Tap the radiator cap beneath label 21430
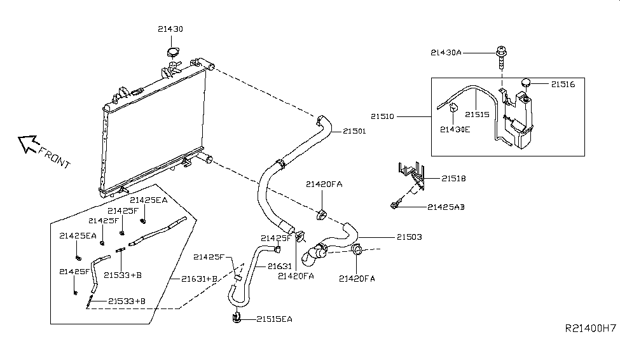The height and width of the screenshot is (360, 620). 173,52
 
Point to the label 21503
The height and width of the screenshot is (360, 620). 410,237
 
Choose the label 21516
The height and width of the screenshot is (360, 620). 563,83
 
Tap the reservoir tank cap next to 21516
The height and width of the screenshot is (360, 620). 526,82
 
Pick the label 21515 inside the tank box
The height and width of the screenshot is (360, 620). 477,114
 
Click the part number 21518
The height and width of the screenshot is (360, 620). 453,179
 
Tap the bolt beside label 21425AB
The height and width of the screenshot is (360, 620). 396,205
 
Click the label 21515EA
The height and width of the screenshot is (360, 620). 275,319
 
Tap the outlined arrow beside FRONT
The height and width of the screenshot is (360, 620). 27,145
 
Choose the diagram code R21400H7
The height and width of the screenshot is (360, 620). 589,347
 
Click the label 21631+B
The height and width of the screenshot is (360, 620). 200,279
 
